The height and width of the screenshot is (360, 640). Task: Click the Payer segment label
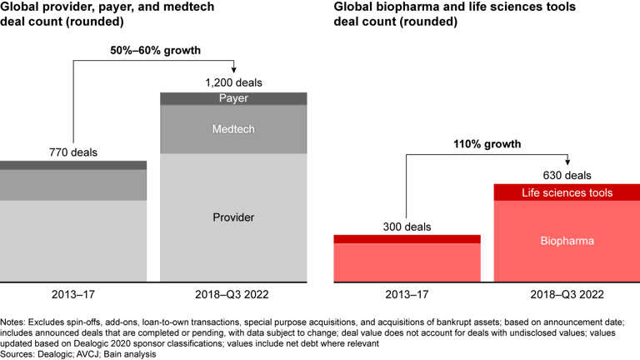click(x=233, y=98)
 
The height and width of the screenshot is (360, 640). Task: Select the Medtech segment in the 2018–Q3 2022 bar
click(x=233, y=128)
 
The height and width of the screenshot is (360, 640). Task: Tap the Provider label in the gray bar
click(x=233, y=217)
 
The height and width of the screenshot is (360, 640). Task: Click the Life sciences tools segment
click(x=567, y=192)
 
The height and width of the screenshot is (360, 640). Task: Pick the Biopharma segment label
click(x=567, y=241)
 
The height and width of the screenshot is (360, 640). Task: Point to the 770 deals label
click(x=73, y=152)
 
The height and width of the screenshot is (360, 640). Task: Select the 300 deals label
click(x=407, y=226)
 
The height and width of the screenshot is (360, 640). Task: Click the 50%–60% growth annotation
click(x=156, y=51)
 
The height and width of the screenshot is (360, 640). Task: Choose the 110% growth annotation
click(x=488, y=144)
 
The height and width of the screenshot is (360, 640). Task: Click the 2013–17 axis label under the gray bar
click(x=73, y=295)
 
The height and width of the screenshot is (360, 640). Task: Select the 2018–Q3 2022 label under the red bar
click(x=567, y=295)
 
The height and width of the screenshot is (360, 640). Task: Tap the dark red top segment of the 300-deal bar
click(x=407, y=239)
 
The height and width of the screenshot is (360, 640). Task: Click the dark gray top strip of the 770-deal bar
click(x=73, y=165)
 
